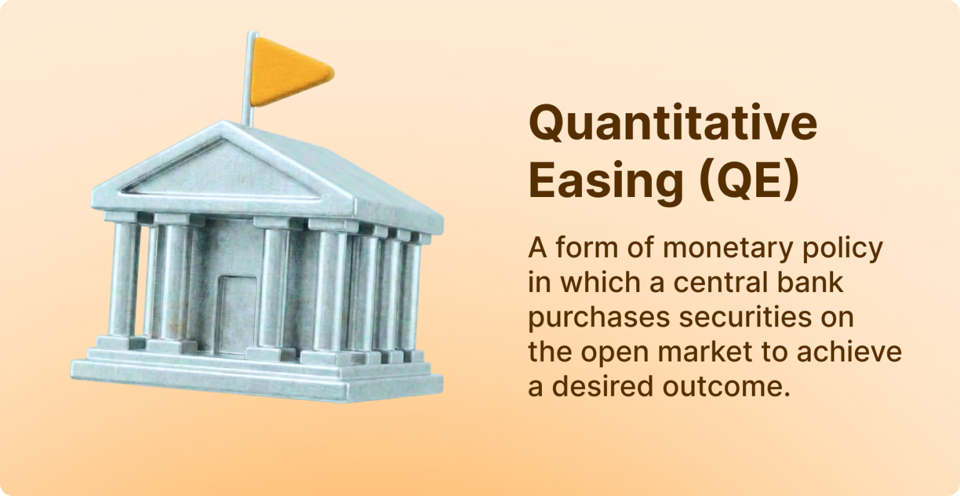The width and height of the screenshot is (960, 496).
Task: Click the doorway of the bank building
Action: click(x=237, y=315)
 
